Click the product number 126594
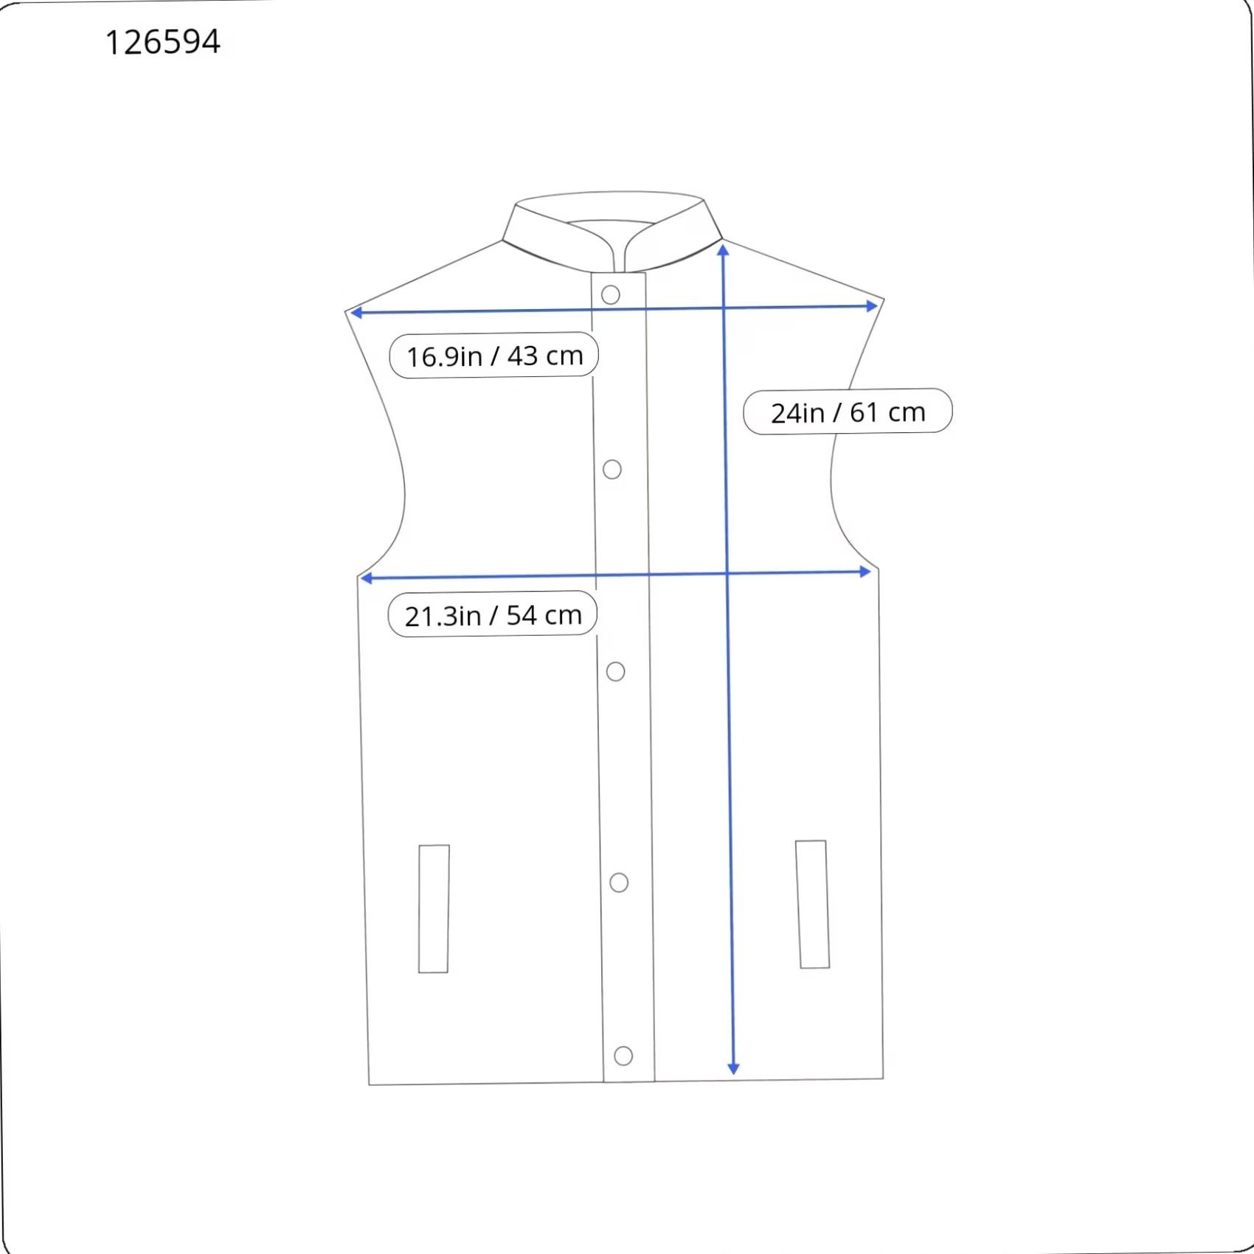pos(163,42)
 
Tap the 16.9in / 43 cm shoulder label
pos(493,356)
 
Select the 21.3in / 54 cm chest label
pos(492,614)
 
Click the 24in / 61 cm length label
pos(848,412)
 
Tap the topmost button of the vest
pos(610,295)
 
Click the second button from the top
pos(612,469)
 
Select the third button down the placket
pos(615,671)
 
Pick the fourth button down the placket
pos(619,882)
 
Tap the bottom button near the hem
pos(623,1056)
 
